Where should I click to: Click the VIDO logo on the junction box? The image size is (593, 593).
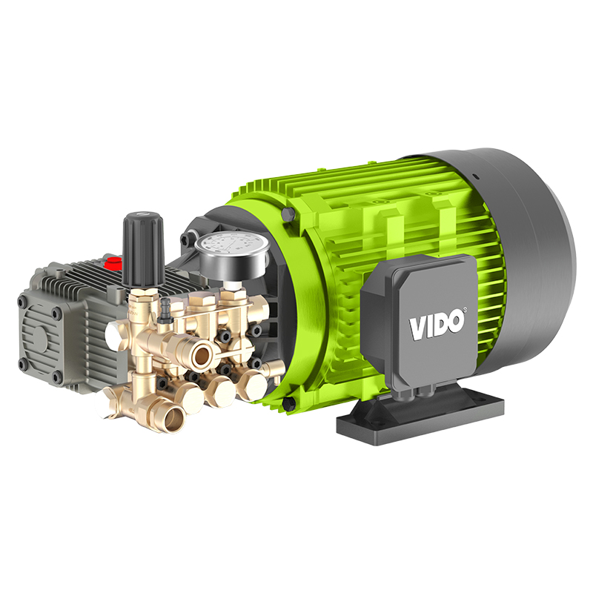[x=437, y=321]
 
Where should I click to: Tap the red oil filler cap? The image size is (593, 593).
[x=113, y=262]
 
